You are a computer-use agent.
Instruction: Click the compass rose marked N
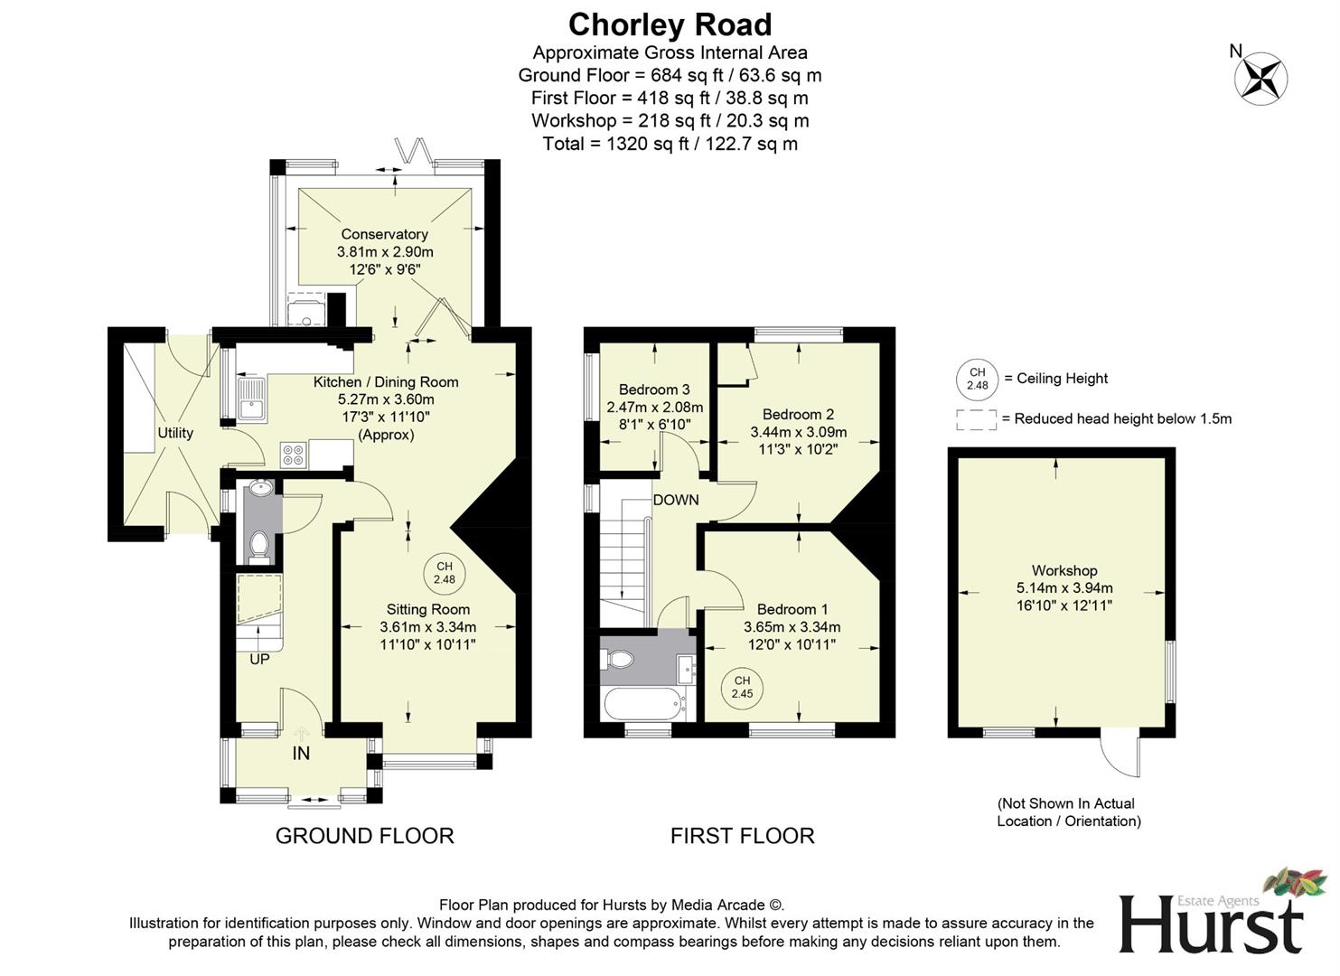[1260, 78]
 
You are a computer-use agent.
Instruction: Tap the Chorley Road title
[670, 24]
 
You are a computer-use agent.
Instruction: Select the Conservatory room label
[384, 234]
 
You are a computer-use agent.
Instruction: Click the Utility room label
[175, 433]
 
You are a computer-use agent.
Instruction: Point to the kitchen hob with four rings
[293, 455]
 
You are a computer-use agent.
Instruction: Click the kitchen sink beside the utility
[251, 399]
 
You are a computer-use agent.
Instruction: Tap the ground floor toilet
[258, 545]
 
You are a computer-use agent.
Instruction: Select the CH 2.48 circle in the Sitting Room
[444, 573]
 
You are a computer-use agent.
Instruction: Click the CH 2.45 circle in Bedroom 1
[742, 688]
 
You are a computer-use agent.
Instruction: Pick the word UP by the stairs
[259, 660]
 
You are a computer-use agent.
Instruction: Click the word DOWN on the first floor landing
[676, 500]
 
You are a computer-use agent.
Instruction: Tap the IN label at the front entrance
[301, 753]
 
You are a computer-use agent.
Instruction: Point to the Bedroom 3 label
[654, 389]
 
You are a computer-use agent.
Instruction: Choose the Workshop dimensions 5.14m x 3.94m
[1064, 587]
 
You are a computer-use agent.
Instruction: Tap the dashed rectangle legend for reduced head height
[976, 419]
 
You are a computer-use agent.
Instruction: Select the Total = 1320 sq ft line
[670, 144]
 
